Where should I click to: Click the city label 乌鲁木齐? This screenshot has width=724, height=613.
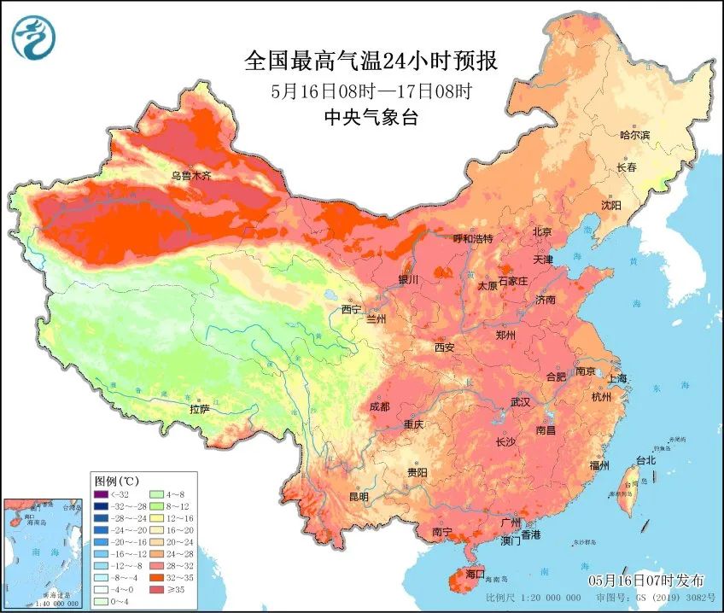point(190,176)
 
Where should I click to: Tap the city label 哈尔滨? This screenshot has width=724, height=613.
point(634,135)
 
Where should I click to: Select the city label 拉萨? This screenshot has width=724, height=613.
point(199,409)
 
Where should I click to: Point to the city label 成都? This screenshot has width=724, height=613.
point(381,406)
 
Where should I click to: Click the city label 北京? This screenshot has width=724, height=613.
point(542,231)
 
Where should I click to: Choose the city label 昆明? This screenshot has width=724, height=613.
point(359,496)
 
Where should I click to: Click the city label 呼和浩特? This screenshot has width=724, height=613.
point(472,239)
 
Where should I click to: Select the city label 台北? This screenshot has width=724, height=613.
point(645,460)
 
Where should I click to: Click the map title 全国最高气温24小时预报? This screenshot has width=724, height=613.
point(371,61)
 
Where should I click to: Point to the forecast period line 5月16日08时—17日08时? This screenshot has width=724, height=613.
point(371,90)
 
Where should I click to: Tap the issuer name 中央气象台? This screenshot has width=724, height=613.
point(371,118)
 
